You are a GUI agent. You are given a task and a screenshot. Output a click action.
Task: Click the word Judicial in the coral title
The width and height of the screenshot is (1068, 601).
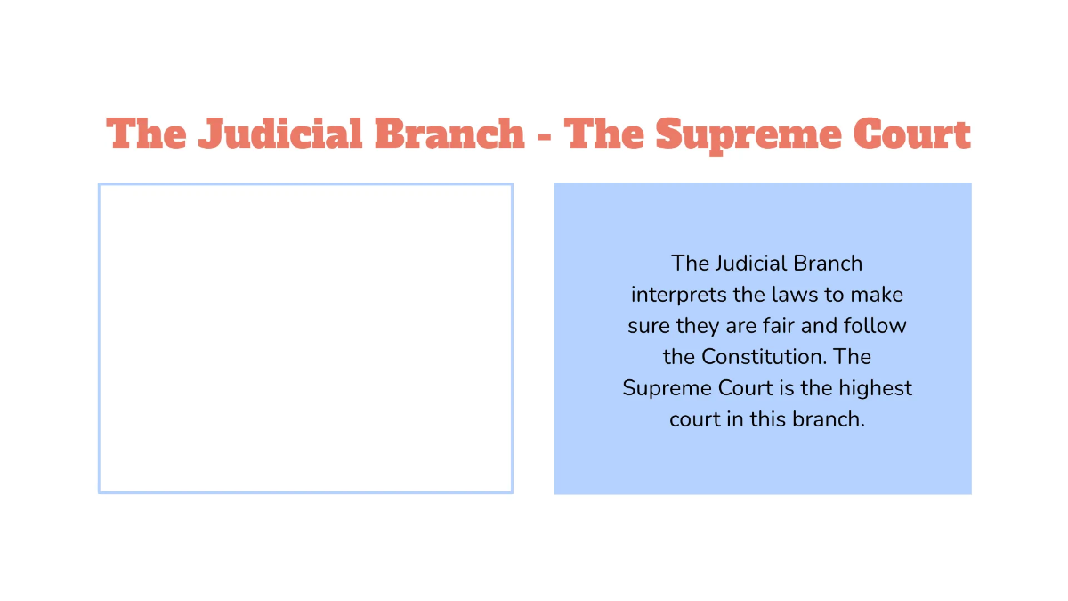[279, 134]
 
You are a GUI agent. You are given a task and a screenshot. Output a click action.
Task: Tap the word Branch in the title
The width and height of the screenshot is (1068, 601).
[449, 134]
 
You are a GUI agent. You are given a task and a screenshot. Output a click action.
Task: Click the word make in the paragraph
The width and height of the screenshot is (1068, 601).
[877, 295]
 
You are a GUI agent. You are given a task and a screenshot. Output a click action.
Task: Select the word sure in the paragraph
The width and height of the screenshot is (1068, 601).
[649, 326]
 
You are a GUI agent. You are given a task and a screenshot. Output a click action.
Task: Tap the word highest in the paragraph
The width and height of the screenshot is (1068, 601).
[876, 388]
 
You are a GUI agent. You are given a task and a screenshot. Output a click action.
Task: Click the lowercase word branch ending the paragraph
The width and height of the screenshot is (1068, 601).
[827, 419]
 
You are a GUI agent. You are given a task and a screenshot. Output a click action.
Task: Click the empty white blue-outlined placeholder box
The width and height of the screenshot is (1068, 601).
[305, 338]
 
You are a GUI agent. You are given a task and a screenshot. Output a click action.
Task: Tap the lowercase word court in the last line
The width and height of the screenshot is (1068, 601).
[694, 419]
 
